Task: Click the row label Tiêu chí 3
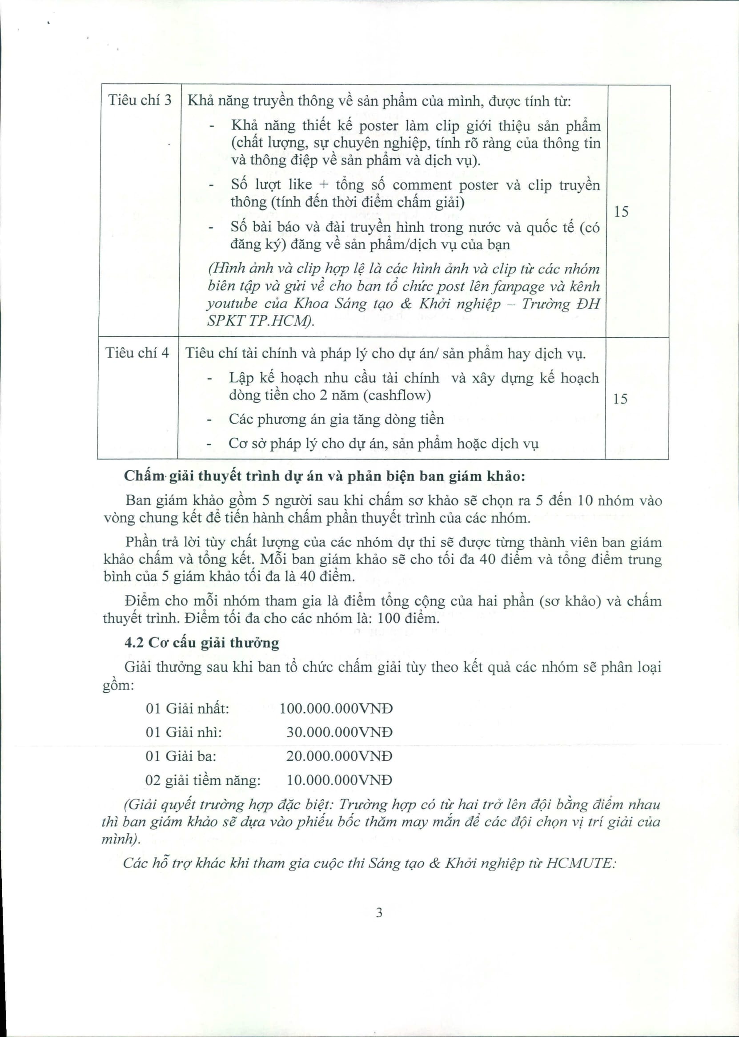(x=139, y=100)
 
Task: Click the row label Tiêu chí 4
(x=137, y=353)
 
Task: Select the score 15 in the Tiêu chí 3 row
(x=621, y=211)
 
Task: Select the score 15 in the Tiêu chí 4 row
(x=620, y=399)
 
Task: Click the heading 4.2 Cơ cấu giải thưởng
(x=201, y=643)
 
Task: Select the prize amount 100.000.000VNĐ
(x=336, y=709)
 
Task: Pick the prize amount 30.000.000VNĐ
(x=339, y=732)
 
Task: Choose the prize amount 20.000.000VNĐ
(x=339, y=756)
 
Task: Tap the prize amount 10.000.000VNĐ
(x=339, y=780)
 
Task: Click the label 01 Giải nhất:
(x=188, y=709)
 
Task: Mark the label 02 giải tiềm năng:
(x=203, y=780)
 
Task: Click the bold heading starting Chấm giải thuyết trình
(x=325, y=476)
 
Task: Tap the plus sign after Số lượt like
(x=324, y=185)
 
